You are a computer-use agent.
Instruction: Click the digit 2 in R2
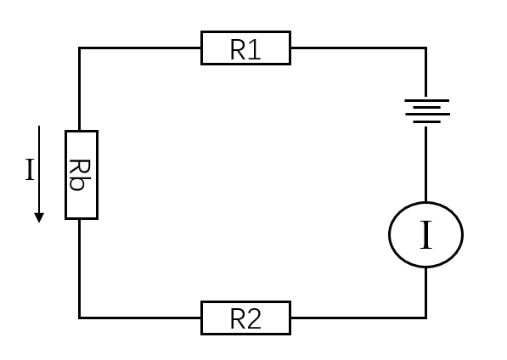[x=254, y=319]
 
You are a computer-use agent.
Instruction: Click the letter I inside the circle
[x=425, y=235]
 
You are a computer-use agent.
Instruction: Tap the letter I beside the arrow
[x=30, y=170]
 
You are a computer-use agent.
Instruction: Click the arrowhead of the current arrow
[x=39, y=218]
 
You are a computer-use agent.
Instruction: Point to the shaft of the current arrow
[x=39, y=169]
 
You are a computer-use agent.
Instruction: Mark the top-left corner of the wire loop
[x=79, y=48]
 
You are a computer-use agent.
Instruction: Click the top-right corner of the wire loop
[x=425, y=48]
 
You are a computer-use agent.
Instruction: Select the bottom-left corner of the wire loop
[x=79, y=318]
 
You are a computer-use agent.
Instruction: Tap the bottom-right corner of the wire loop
[x=425, y=318]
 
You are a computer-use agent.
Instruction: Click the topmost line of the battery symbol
[x=427, y=100]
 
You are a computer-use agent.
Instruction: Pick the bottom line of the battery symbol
[x=427, y=121]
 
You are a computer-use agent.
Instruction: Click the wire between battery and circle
[x=425, y=164]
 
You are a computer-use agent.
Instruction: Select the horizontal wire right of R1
[x=358, y=48]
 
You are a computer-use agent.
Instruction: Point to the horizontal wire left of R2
[x=140, y=318]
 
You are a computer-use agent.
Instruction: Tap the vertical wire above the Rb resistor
[x=79, y=89]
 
